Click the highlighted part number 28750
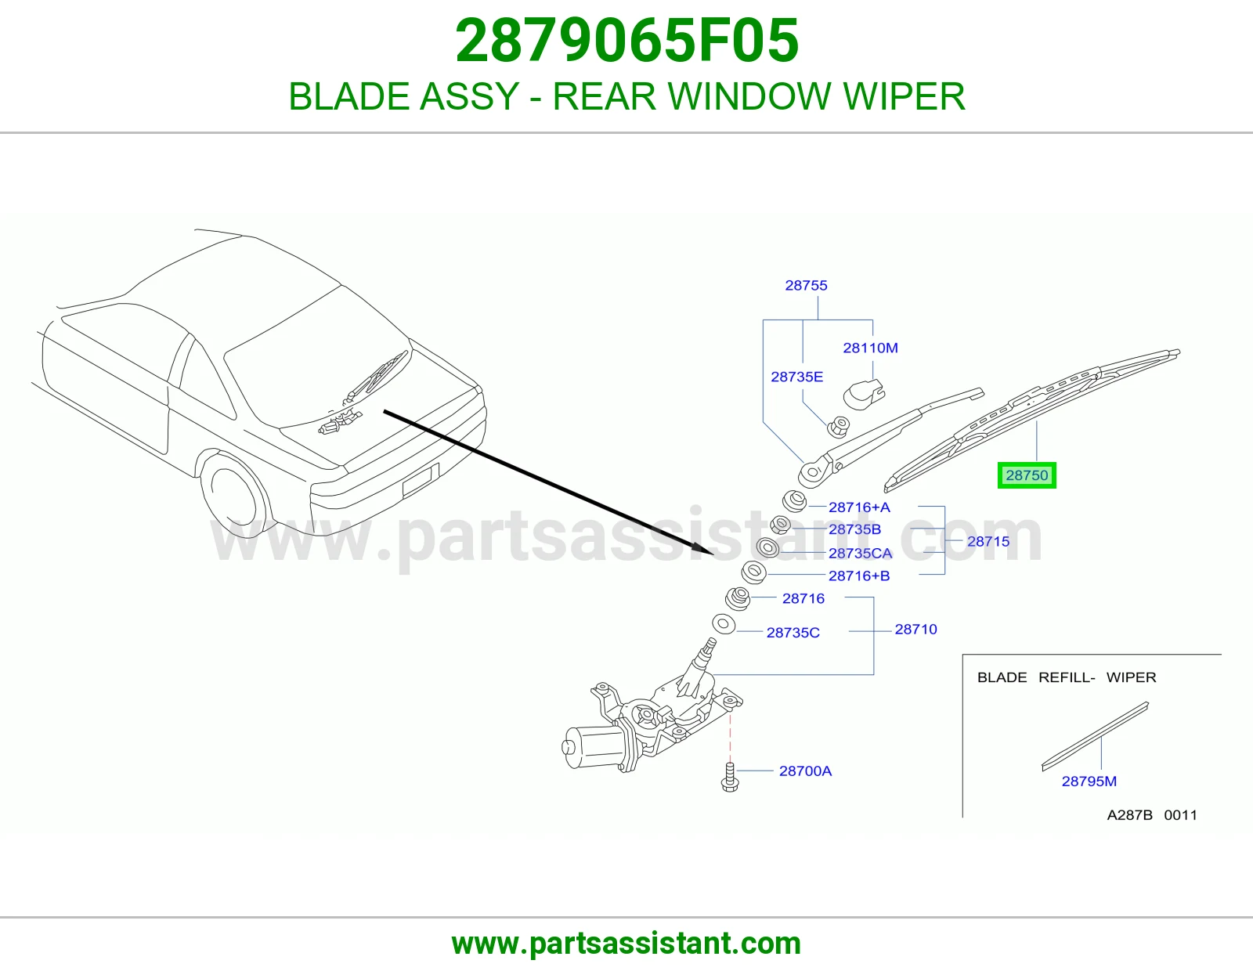pos(1027,475)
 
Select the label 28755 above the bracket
pos(806,285)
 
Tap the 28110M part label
pos(870,348)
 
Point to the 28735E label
pos(797,377)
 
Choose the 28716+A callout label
pos(859,507)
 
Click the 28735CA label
pos(861,553)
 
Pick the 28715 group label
pos(988,541)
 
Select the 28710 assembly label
pos(915,629)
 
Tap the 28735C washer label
pos(793,633)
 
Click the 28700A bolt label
pos(805,771)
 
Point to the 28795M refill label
pos(1089,781)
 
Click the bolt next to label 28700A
pos(729,777)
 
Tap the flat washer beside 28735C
pos(724,624)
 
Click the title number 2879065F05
pos(626,41)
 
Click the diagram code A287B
pos(1129,814)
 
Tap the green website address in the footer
pos(626,944)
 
